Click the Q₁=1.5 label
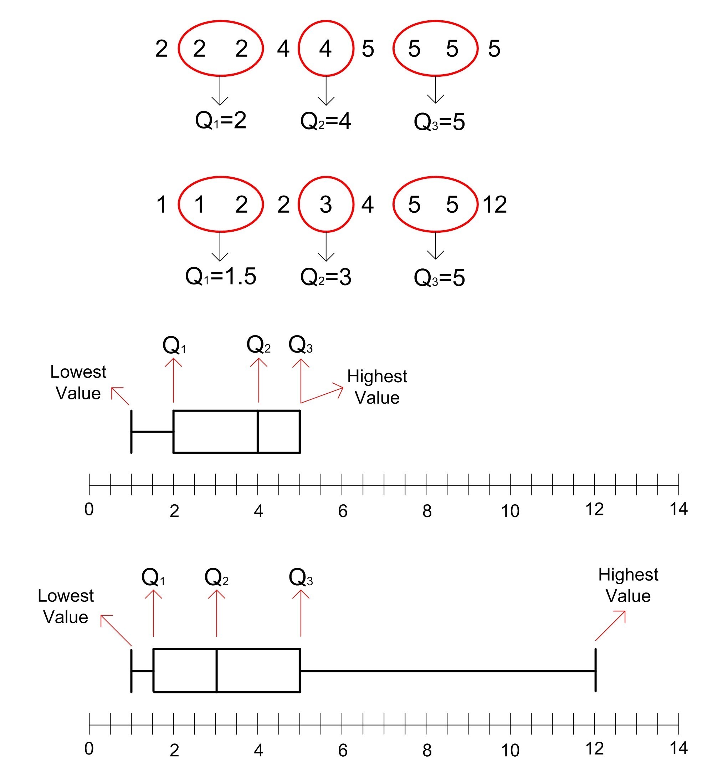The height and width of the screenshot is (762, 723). point(220,276)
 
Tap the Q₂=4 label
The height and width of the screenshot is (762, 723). point(325,121)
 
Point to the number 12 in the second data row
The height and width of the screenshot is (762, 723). point(494,205)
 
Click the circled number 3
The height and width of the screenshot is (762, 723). point(325,205)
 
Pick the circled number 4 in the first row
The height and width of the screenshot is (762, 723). point(325,49)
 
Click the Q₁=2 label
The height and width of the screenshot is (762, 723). point(220,120)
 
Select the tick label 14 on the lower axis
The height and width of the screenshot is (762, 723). point(678,748)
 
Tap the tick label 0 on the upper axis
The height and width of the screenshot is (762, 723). point(89,509)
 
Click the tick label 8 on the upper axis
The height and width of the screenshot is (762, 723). point(427,511)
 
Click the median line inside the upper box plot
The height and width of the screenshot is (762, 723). point(258,432)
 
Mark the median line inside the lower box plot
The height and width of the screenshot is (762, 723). point(217,671)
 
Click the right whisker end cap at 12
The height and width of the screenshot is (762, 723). point(595,670)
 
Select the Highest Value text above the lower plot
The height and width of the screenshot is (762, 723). point(628,585)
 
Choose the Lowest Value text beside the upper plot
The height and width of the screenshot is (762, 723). point(78,382)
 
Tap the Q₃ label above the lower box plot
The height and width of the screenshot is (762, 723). point(301,577)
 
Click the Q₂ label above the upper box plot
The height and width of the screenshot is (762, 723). point(258,344)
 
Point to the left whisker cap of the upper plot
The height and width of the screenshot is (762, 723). point(132,432)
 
